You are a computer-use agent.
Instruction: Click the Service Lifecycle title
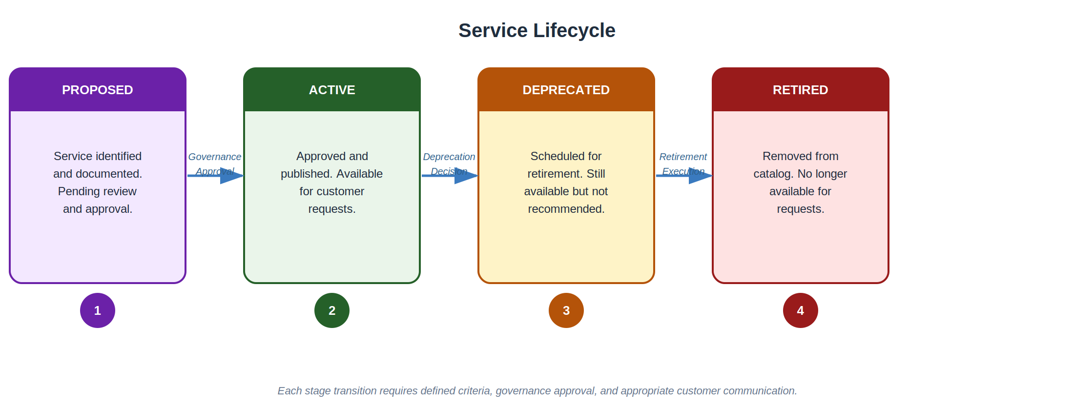pyautogui.click(x=537, y=30)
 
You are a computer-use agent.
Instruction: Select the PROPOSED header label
pyautogui.click(x=98, y=90)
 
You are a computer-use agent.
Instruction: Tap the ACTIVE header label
pyautogui.click(x=332, y=90)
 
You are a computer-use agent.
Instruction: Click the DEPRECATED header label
pyautogui.click(x=566, y=90)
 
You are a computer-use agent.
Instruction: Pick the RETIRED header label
pyautogui.click(x=800, y=90)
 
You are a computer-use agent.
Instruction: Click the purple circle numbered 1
pyautogui.click(x=98, y=310)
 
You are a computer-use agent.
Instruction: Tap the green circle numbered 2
pyautogui.click(x=332, y=310)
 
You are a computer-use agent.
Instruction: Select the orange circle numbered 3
pyautogui.click(x=566, y=310)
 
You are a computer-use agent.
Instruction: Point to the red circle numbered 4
pyautogui.click(x=801, y=310)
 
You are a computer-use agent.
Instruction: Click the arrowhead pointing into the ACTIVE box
pyautogui.click(x=231, y=176)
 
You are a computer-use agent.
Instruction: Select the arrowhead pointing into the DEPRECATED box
pyautogui.click(x=466, y=176)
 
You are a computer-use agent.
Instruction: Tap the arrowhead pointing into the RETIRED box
pyautogui.click(x=700, y=176)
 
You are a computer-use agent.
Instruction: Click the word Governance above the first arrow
pyautogui.click(x=215, y=157)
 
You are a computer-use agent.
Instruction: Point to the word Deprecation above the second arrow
pyautogui.click(x=449, y=157)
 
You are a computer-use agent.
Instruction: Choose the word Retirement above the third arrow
pyautogui.click(x=683, y=157)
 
